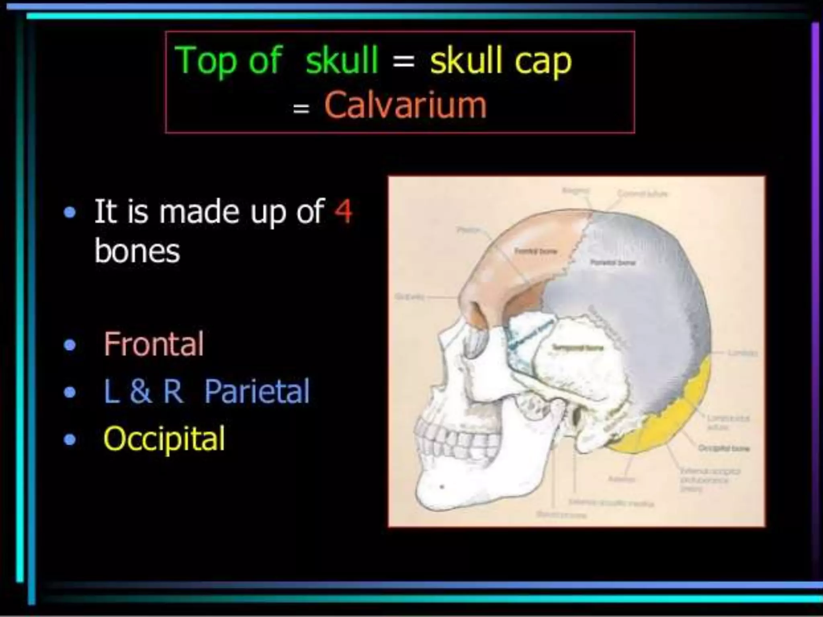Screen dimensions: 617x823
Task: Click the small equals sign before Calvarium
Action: click(301, 108)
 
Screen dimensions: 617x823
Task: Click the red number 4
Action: click(343, 211)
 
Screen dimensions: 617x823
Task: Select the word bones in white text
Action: click(137, 251)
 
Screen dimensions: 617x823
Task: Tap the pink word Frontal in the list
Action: click(154, 344)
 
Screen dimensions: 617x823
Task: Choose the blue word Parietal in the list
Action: click(257, 391)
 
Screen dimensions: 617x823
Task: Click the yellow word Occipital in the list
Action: click(164, 439)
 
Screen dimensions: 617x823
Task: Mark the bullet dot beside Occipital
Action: click(70, 439)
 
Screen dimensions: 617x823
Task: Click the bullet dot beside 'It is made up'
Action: click(70, 212)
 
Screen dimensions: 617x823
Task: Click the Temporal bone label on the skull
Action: click(577, 347)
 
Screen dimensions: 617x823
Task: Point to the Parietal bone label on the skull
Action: click(612, 263)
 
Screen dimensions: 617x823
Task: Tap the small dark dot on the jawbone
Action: click(442, 487)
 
